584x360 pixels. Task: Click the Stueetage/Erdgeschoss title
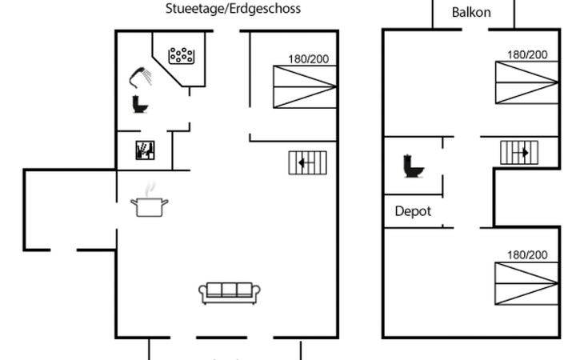pyautogui.click(x=233, y=9)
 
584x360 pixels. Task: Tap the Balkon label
pyautogui.click(x=471, y=12)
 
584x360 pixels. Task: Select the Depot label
pyautogui.click(x=413, y=211)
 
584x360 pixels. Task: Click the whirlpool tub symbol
pyautogui.click(x=182, y=56)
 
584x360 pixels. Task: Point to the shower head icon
pyautogui.click(x=140, y=77)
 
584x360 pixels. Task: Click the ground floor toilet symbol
pyautogui.click(x=140, y=104)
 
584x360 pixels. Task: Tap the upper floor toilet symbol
pyautogui.click(x=414, y=166)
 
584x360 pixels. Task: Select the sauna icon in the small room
pyautogui.click(x=145, y=150)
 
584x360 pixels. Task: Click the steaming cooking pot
pyautogui.click(x=149, y=200)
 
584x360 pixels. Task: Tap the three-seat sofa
pyautogui.click(x=230, y=293)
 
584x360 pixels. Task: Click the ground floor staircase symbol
pyautogui.click(x=308, y=162)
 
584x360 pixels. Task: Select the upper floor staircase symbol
pyautogui.click(x=519, y=152)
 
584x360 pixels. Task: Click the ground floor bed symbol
pyautogui.click(x=305, y=86)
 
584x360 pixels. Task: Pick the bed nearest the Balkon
pyautogui.click(x=526, y=82)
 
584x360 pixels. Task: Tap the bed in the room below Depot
pyautogui.click(x=526, y=284)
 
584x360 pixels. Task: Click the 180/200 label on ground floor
pyautogui.click(x=308, y=59)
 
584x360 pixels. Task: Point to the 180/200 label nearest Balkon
pyautogui.click(x=527, y=54)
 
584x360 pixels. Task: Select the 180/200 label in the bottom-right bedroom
pyautogui.click(x=527, y=255)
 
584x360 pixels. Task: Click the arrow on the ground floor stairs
pyautogui.click(x=306, y=162)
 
